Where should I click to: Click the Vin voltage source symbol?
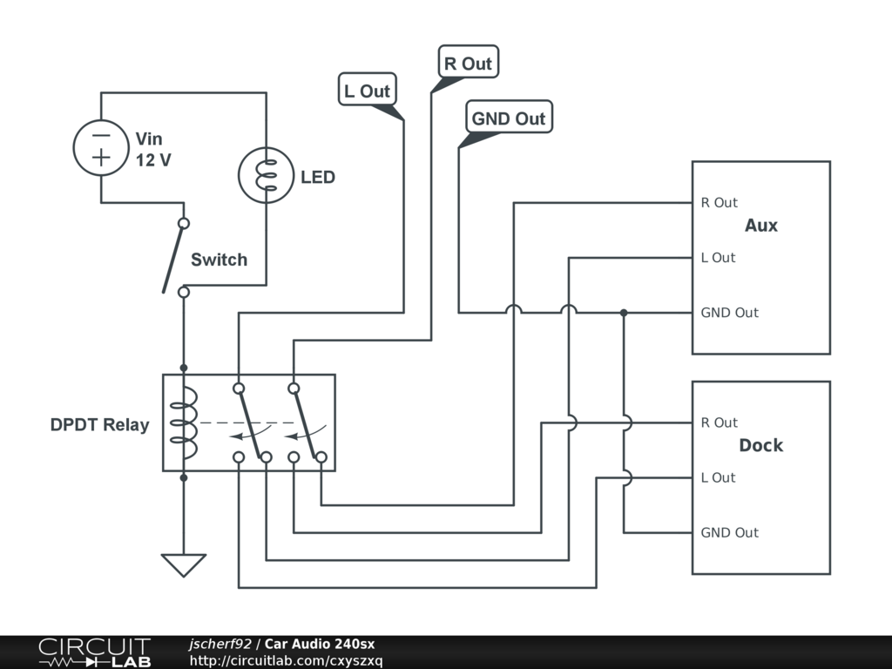click(101, 146)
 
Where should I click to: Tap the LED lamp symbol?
click(266, 175)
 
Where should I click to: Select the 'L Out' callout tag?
click(367, 91)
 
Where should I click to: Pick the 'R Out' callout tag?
click(468, 64)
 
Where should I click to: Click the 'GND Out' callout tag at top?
click(508, 118)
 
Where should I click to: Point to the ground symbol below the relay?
click(183, 564)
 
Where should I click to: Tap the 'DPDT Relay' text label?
click(99, 426)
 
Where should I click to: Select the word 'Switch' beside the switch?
click(219, 260)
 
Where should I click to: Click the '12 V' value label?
click(153, 160)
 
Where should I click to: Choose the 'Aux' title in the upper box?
click(760, 226)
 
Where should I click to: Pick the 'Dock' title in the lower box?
click(760, 445)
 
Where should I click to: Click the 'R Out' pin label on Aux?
click(719, 203)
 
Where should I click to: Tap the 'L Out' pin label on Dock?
click(718, 477)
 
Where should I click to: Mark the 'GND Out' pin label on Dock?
click(729, 532)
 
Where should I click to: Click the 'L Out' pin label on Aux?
click(718, 258)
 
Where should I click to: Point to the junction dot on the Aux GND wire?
click(624, 312)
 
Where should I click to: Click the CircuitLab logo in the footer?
click(93, 652)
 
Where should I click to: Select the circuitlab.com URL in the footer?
click(286, 660)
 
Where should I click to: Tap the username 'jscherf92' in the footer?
click(220, 644)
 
